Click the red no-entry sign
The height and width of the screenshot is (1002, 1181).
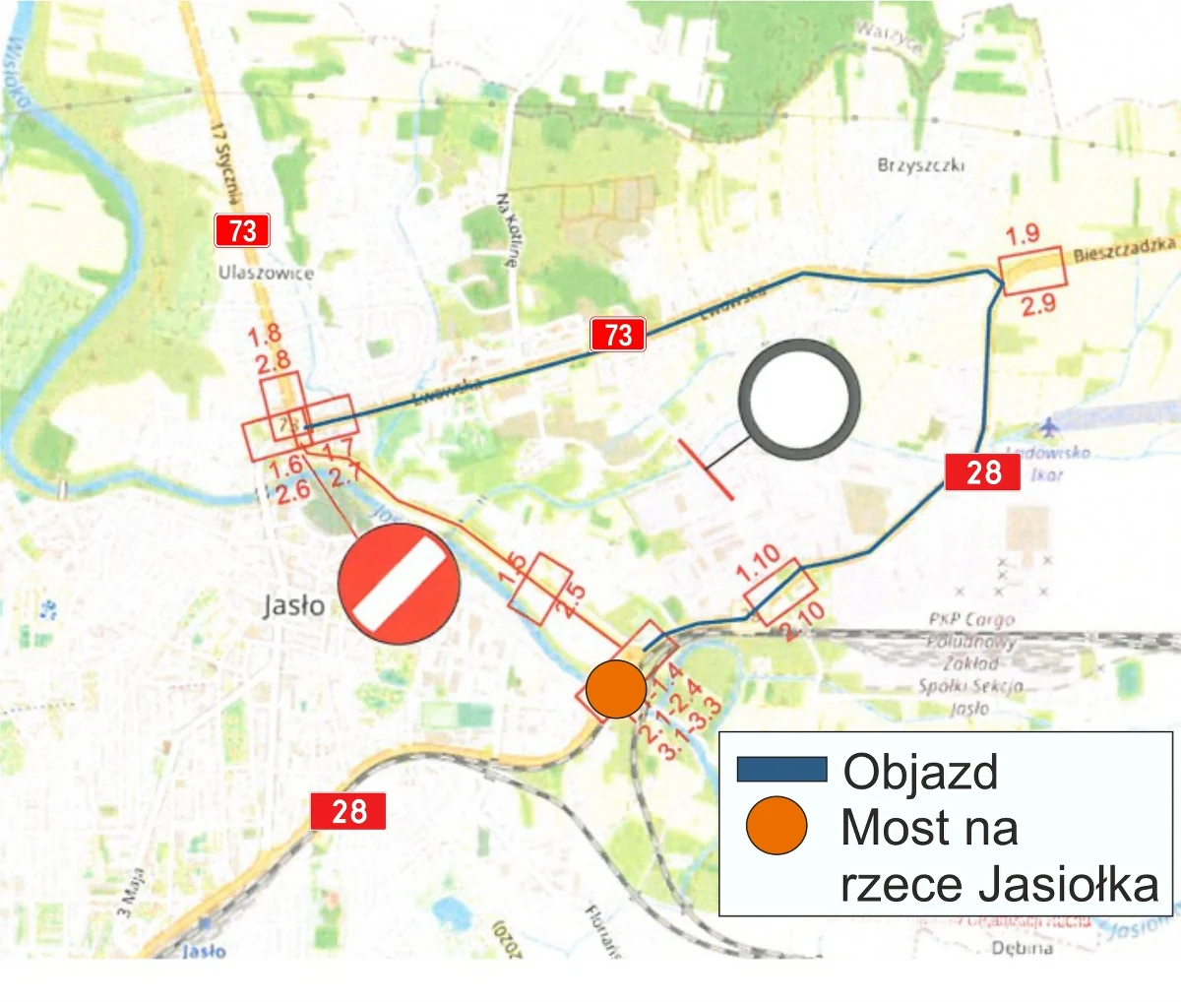click(x=399, y=584)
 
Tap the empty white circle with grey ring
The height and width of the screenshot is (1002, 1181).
click(x=799, y=401)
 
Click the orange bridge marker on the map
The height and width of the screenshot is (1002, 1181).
click(x=616, y=689)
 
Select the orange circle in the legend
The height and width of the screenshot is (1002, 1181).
click(x=777, y=825)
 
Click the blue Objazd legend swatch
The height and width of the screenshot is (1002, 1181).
click(x=781, y=769)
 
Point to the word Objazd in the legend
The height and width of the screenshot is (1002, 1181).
click(x=920, y=772)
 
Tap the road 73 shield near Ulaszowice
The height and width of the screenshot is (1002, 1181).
click(x=242, y=231)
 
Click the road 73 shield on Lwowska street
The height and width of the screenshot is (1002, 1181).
click(x=618, y=335)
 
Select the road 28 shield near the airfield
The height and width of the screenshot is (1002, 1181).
click(x=982, y=472)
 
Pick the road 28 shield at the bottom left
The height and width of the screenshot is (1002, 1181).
click(x=348, y=811)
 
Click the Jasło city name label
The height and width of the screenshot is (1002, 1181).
click(x=293, y=605)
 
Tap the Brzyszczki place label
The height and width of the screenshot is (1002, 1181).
click(x=920, y=165)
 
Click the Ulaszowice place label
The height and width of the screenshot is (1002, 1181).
click(x=266, y=273)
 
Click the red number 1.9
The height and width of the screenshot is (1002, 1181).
click(x=1023, y=234)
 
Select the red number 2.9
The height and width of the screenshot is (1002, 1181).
click(x=1037, y=304)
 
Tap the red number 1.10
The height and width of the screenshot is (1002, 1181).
click(x=759, y=563)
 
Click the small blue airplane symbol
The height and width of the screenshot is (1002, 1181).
click(x=1049, y=428)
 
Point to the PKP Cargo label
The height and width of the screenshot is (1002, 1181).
click(x=970, y=619)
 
